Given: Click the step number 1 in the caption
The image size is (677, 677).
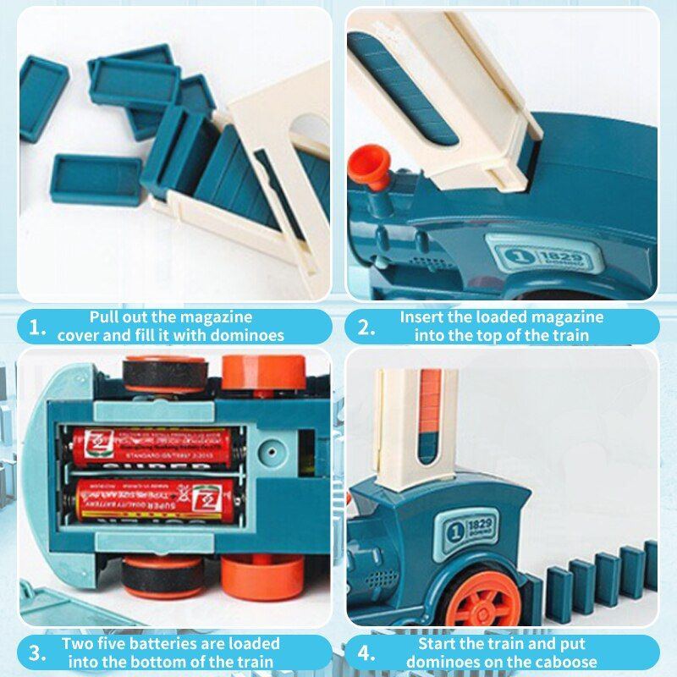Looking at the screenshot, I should click(x=36, y=327).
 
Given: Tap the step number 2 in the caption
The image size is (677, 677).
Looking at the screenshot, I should click(x=365, y=327).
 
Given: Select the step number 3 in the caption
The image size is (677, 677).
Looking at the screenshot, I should click(x=36, y=652).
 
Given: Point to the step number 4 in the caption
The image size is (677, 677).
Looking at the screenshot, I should click(x=366, y=652).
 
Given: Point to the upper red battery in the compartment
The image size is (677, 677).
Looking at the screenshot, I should click(x=152, y=446).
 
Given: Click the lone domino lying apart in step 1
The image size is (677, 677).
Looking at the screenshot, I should click(x=95, y=177).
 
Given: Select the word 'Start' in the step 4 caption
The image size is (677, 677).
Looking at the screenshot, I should click(x=438, y=643).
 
